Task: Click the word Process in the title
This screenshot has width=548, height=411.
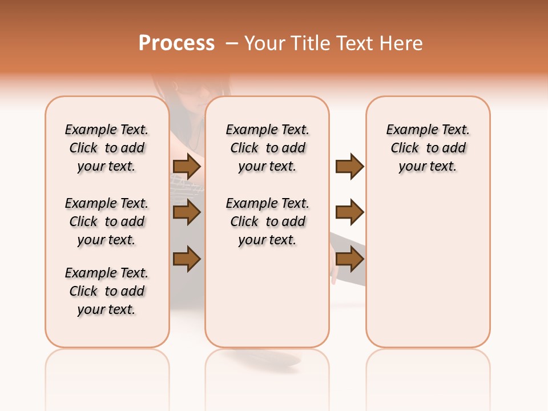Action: (x=176, y=43)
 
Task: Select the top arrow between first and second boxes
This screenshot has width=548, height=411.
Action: (x=187, y=167)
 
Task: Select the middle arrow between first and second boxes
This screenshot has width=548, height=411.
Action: (x=187, y=213)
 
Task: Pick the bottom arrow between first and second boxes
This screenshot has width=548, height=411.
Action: (x=187, y=259)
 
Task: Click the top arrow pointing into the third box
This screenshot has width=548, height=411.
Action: (x=349, y=167)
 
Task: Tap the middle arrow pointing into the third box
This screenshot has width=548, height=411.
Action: (x=349, y=213)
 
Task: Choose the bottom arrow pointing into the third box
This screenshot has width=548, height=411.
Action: (x=349, y=259)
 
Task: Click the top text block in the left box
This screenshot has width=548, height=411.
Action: (x=107, y=148)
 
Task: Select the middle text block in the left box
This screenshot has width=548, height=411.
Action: (x=107, y=221)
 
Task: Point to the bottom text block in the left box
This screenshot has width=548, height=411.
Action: (x=107, y=291)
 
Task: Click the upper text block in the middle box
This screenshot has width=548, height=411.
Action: (x=267, y=148)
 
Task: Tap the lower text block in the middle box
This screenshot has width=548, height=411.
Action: (x=267, y=221)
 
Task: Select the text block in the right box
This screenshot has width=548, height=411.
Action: (x=428, y=148)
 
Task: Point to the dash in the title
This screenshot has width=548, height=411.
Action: (x=232, y=43)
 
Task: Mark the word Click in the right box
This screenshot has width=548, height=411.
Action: (x=405, y=148)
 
